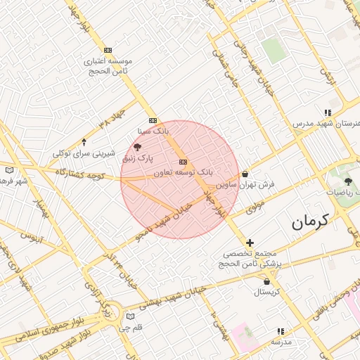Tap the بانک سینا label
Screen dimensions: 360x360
153,131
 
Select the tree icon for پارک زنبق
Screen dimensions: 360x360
137,147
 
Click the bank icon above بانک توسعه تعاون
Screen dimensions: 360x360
184,162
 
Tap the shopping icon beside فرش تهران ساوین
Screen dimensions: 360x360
245,174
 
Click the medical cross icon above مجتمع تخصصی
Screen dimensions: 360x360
250,243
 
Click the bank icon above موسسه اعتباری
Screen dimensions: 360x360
108,51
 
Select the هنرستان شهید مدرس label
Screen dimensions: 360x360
327,123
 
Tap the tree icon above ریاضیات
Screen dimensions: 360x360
348,181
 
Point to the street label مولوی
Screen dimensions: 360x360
255,205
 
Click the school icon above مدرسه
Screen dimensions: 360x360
281,331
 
